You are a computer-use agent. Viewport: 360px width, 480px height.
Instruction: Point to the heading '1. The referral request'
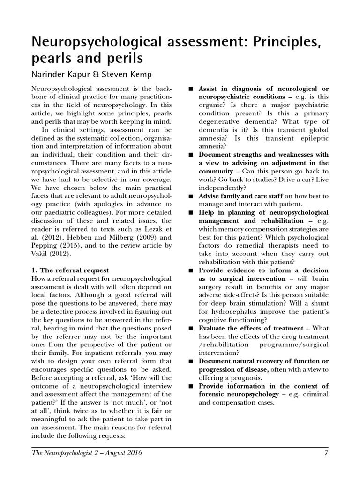click(70, 270)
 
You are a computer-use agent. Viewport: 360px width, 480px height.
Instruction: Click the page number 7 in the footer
click(325, 453)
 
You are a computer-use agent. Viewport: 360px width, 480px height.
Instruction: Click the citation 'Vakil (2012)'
click(50, 254)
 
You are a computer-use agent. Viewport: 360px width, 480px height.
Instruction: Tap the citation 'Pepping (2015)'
click(55, 246)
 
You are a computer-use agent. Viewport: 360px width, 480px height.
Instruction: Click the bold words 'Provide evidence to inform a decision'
click(263, 270)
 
